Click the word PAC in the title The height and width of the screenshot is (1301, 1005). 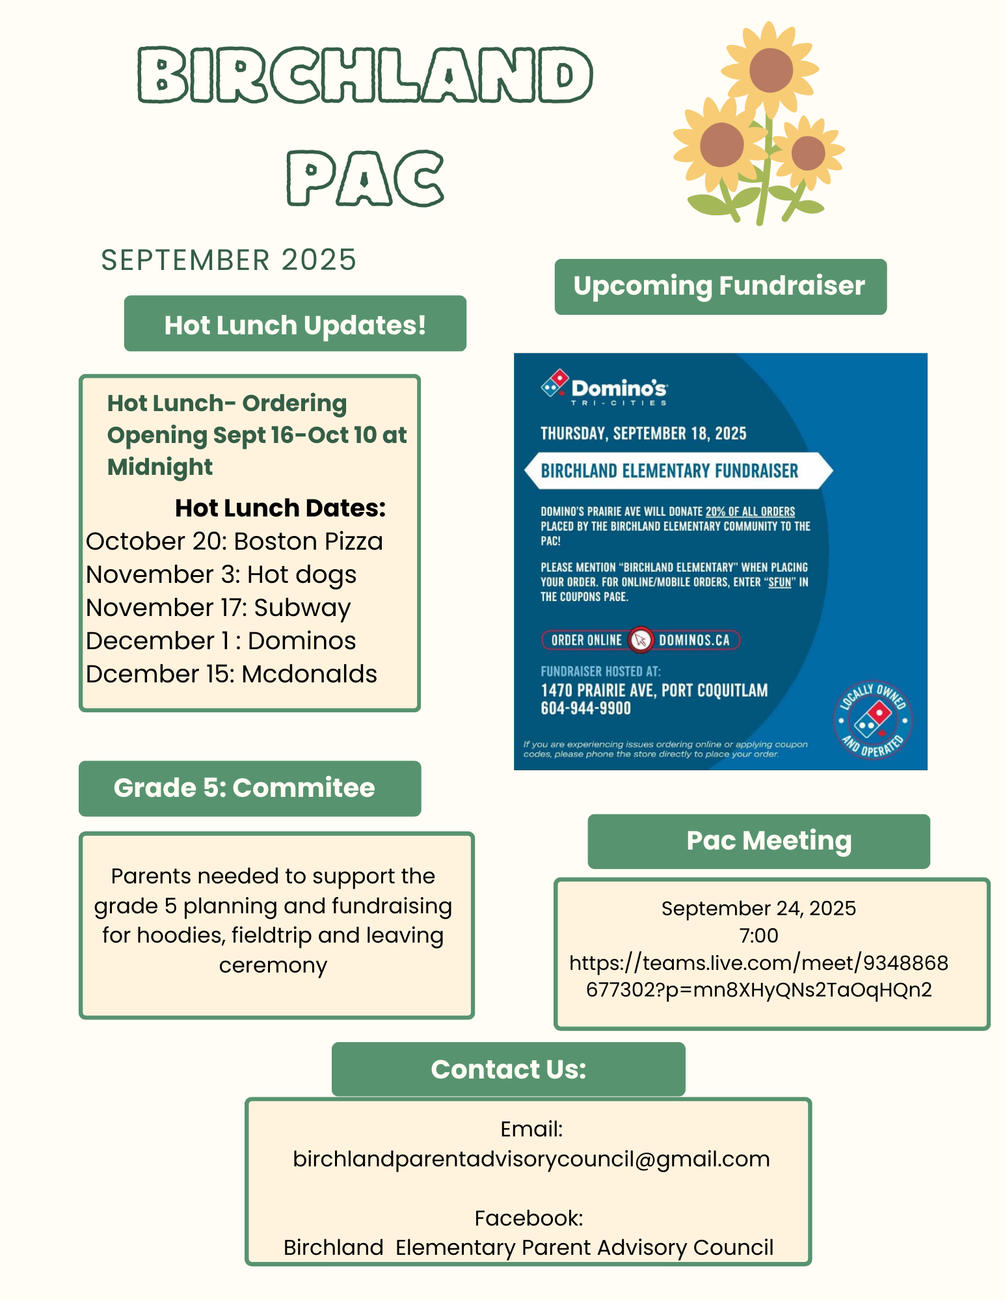coord(366,178)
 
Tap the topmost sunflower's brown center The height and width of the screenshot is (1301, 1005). coord(771,70)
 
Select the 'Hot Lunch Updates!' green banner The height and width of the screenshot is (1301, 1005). coord(295,324)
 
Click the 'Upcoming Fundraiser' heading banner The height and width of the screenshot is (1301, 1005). coord(719,287)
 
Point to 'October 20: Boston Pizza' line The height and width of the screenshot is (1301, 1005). coord(234,541)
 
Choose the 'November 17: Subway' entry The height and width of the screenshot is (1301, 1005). coord(219,608)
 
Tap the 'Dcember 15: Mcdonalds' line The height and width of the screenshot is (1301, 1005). coord(232,674)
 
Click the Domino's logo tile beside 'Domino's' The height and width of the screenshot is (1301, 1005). coord(555,384)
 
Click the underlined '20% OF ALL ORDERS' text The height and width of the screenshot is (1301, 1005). coord(750,511)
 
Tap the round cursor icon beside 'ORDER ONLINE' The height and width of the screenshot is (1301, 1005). coord(641,640)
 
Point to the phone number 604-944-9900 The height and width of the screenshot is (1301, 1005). coord(585,708)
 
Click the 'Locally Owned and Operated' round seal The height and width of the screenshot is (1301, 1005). coord(873,720)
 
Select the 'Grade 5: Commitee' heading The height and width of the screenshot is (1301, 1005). coord(245,788)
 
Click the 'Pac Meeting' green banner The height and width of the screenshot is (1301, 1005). coord(768,840)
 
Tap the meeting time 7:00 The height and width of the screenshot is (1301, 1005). coord(758,935)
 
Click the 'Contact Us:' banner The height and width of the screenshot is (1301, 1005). coord(508,1069)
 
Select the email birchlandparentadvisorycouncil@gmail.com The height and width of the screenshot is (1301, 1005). coord(531,1159)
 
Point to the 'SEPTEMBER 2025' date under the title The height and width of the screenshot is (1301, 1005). coord(228,260)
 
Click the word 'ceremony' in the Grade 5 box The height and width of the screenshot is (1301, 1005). coord(273,965)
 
